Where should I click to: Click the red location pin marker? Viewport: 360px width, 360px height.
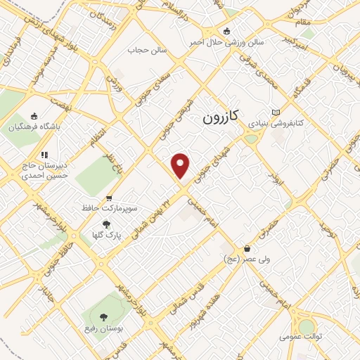point(181,165)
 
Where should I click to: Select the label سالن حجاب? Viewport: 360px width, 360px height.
point(146,51)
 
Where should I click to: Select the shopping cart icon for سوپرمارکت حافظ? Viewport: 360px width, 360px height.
point(108,199)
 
